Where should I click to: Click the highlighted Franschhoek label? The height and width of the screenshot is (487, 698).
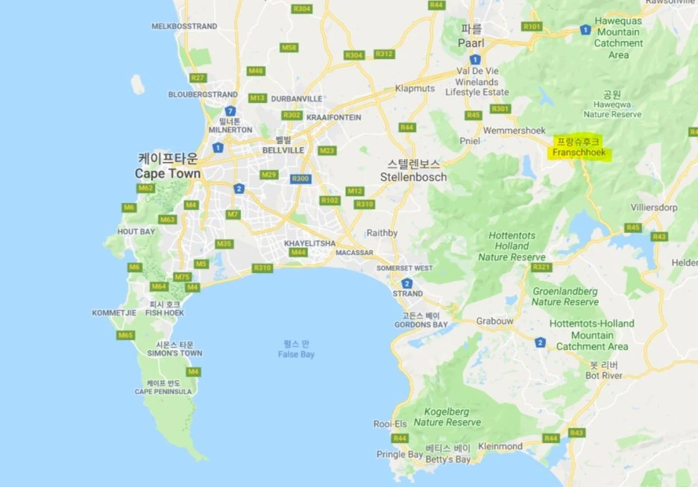click(x=578, y=153)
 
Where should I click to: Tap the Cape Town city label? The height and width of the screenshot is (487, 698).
click(x=168, y=173)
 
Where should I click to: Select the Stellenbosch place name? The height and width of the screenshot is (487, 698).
click(x=413, y=177)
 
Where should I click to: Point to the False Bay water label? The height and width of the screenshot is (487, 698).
click(x=296, y=354)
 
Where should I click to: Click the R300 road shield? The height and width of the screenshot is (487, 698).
click(x=301, y=178)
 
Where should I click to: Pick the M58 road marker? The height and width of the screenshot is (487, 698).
click(x=289, y=48)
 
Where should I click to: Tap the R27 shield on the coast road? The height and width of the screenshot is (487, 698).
click(x=198, y=78)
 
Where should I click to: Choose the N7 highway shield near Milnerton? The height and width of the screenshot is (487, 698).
click(x=230, y=110)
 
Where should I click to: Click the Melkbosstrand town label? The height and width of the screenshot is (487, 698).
click(x=184, y=26)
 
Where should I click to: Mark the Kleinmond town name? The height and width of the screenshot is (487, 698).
click(x=500, y=446)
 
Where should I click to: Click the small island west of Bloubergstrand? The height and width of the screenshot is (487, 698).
click(x=137, y=84)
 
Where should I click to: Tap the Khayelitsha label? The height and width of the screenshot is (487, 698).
click(x=309, y=243)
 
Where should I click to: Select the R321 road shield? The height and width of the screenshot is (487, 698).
click(x=541, y=267)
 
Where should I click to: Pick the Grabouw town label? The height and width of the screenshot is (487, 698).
click(x=495, y=321)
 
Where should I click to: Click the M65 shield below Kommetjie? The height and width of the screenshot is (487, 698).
click(x=125, y=335)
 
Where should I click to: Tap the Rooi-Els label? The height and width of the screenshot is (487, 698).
click(x=391, y=424)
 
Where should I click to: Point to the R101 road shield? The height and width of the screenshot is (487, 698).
click(x=532, y=26)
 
